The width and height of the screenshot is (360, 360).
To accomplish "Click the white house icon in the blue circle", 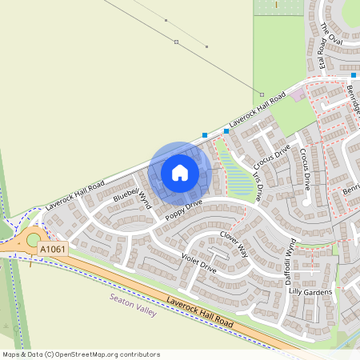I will coord(180,172).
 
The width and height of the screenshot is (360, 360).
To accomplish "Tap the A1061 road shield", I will coord(53,250).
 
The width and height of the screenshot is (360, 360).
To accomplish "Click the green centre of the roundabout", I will coord(33,239).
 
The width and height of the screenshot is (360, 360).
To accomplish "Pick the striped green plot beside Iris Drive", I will coord(233,173).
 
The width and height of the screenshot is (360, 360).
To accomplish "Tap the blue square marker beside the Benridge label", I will coord(352,75).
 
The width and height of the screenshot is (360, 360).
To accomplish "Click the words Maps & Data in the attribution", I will coord(22,354).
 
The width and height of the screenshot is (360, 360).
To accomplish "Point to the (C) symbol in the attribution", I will coord(49,354).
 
